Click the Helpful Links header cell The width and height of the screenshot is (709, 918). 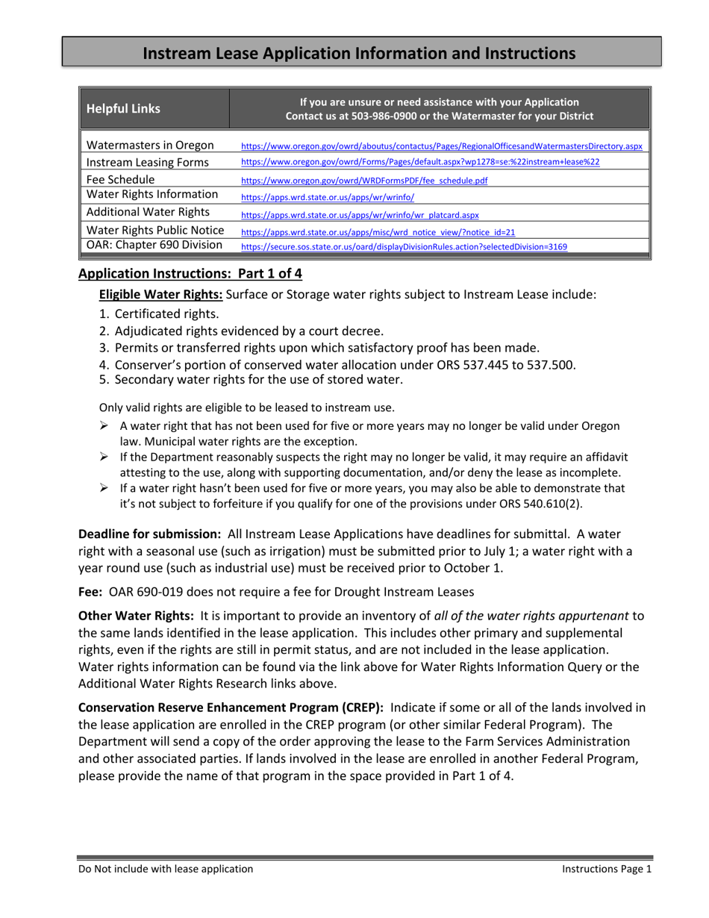click(124, 109)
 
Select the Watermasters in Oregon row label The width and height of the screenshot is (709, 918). click(151, 145)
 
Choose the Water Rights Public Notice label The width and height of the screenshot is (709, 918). click(156, 230)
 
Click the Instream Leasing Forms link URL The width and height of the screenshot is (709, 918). click(420, 162)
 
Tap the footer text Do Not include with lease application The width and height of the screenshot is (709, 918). click(166, 869)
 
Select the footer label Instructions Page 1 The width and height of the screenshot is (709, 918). click(607, 869)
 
